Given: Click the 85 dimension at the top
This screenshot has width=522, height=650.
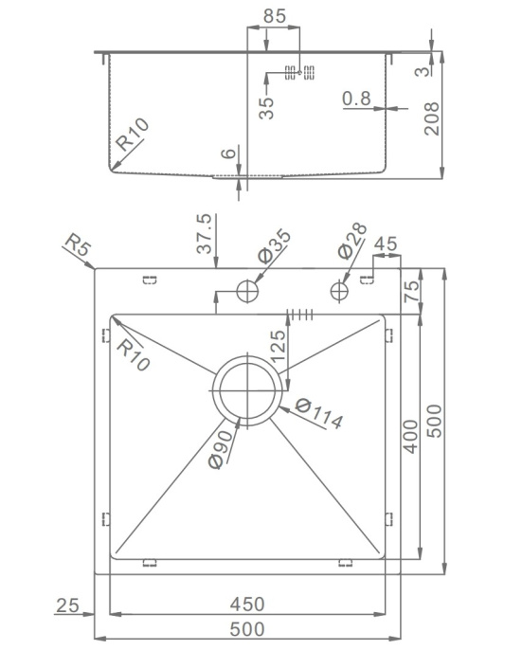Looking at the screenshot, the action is click(x=275, y=16).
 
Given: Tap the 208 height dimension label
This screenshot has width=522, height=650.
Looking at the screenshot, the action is click(x=432, y=118).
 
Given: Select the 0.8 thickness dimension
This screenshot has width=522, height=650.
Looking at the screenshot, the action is click(x=356, y=99).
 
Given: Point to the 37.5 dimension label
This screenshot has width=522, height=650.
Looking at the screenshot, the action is click(x=204, y=233).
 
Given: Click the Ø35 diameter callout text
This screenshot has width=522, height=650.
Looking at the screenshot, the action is click(x=274, y=245).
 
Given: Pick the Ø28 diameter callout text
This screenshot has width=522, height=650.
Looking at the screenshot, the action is click(x=352, y=241).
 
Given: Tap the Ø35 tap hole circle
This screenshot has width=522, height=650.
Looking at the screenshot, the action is click(x=247, y=291).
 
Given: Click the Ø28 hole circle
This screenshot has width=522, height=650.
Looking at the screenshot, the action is click(x=339, y=291).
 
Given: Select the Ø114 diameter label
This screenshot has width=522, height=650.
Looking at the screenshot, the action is click(x=319, y=413).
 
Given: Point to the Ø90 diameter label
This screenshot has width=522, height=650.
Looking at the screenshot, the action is click(x=222, y=449).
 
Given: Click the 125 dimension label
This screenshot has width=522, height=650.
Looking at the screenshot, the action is click(x=278, y=346).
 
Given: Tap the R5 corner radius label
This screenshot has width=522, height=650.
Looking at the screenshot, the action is click(x=78, y=245).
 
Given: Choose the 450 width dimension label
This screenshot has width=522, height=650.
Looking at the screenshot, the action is click(x=247, y=604).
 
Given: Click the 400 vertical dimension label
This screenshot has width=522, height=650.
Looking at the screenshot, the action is click(x=411, y=436).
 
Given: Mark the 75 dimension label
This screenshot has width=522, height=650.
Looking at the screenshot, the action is click(x=411, y=292).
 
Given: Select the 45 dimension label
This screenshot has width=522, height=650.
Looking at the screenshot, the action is click(x=386, y=244).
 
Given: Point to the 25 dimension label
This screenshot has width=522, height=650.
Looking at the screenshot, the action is click(x=67, y=605).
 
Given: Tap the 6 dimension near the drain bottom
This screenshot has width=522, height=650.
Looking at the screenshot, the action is click(x=228, y=153).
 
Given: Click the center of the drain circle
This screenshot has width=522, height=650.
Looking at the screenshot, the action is click(x=247, y=390).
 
